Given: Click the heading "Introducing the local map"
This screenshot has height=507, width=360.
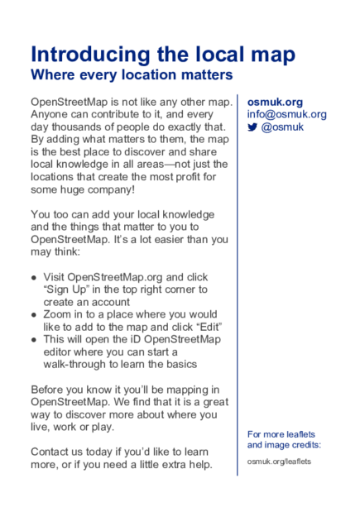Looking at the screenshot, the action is point(163,55).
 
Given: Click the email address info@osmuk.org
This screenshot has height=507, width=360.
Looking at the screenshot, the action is point(286,114).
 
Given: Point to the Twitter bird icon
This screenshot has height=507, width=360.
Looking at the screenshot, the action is point(252,127).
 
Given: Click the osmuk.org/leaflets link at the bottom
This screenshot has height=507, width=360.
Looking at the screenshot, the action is point(280,461).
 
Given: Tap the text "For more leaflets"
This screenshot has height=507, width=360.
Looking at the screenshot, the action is point(281,434).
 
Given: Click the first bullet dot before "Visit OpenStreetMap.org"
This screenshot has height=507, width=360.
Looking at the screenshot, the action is point(34,277).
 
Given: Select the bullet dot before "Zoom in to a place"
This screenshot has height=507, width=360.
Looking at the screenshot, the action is point(34,314).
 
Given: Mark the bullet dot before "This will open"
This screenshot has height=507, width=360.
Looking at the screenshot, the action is point(34,339).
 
